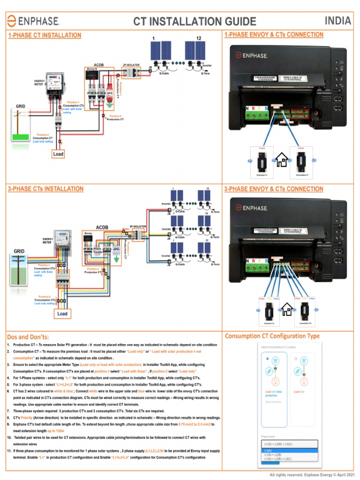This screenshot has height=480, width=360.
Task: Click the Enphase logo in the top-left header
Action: click(33, 21)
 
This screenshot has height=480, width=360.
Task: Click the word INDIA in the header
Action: click(337, 21)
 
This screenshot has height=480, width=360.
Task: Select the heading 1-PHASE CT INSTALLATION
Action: click(45, 35)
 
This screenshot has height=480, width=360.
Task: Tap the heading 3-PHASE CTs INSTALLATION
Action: click(46, 189)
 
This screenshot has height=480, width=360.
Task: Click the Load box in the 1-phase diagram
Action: click(58, 154)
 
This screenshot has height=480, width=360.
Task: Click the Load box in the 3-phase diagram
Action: click(62, 314)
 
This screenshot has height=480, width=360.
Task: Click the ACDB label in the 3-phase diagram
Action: click(102, 227)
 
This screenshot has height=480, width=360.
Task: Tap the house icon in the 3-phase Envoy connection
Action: click(287, 309)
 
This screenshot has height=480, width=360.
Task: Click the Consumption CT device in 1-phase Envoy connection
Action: click(302, 162)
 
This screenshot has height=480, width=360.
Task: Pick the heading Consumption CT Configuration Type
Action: click(272, 336)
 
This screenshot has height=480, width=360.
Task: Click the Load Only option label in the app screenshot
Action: click(300, 391)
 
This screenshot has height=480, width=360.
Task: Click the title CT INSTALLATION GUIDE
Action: click(195, 22)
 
